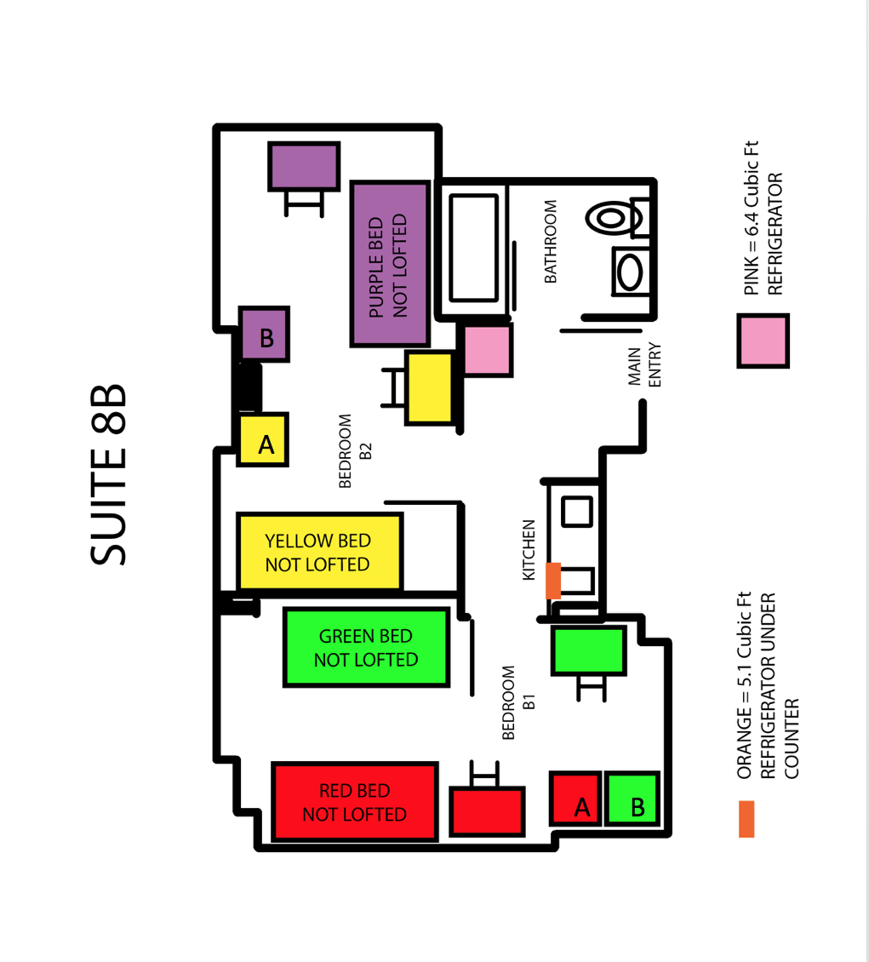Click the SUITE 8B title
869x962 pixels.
pyautogui.click(x=109, y=474)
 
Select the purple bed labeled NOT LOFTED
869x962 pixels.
pyautogui.click(x=390, y=264)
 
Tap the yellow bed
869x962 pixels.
pyautogui.click(x=319, y=553)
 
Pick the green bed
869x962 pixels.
pyautogui.click(x=367, y=647)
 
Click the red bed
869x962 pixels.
pyautogui.click(x=355, y=802)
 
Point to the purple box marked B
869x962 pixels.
pyautogui.click(x=265, y=335)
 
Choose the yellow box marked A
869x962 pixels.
pyautogui.click(x=263, y=440)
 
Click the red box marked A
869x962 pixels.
pyautogui.click(x=575, y=799)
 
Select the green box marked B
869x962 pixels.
pyautogui.click(x=633, y=799)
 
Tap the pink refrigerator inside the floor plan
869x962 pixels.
pyautogui.click(x=488, y=350)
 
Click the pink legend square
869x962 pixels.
pyautogui.click(x=763, y=341)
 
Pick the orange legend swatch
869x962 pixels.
pyautogui.click(x=746, y=819)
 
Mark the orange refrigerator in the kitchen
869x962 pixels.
pyautogui.click(x=553, y=581)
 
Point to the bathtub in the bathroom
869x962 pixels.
pyautogui.click(x=473, y=248)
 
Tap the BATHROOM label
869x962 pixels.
pyautogui.click(x=551, y=241)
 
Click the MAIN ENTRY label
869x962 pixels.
pyautogui.click(x=644, y=365)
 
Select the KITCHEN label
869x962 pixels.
pyautogui.click(x=528, y=550)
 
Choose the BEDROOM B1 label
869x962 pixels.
pyautogui.click(x=518, y=702)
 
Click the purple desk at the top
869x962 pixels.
pyautogui.click(x=304, y=166)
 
